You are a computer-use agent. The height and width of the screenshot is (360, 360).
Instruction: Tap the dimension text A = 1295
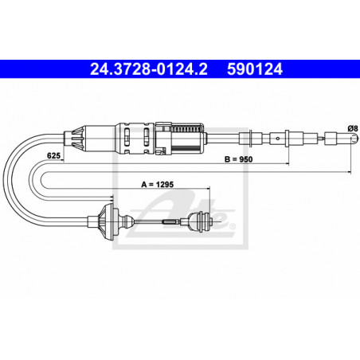(158, 184)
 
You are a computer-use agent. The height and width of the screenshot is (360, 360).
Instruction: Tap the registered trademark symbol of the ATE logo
(233, 227)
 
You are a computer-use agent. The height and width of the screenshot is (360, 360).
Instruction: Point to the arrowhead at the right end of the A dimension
(208, 190)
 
